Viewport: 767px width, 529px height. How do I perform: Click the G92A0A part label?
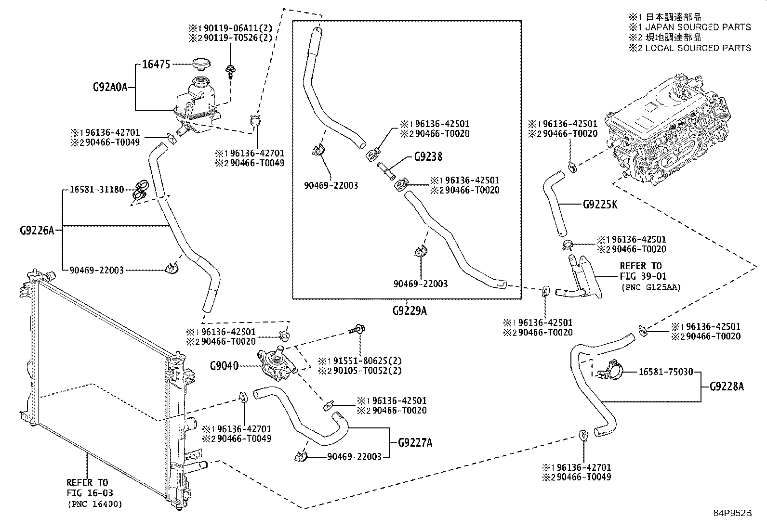click(x=110, y=87)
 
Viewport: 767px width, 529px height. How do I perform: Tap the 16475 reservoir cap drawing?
click(x=201, y=65)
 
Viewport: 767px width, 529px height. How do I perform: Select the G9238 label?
click(x=428, y=157)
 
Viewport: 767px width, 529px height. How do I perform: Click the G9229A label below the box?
click(x=410, y=310)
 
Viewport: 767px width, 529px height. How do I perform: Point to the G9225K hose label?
click(x=600, y=205)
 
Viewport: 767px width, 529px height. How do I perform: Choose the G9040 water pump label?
click(x=225, y=366)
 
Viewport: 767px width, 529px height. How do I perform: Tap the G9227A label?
click(x=415, y=443)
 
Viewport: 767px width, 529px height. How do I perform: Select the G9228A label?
click(x=727, y=387)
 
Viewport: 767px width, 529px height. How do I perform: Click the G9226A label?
click(x=37, y=231)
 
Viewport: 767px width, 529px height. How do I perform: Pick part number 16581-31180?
click(x=96, y=190)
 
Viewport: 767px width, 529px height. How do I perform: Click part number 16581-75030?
click(x=666, y=372)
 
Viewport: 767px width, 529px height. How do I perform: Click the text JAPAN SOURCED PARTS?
click(x=698, y=27)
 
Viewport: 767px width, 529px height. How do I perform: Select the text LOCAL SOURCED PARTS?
click(x=698, y=48)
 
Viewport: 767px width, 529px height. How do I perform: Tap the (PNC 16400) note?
click(x=95, y=504)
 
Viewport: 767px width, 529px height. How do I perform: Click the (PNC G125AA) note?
click(x=651, y=287)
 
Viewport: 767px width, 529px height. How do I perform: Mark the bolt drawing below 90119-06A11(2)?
click(x=230, y=72)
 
